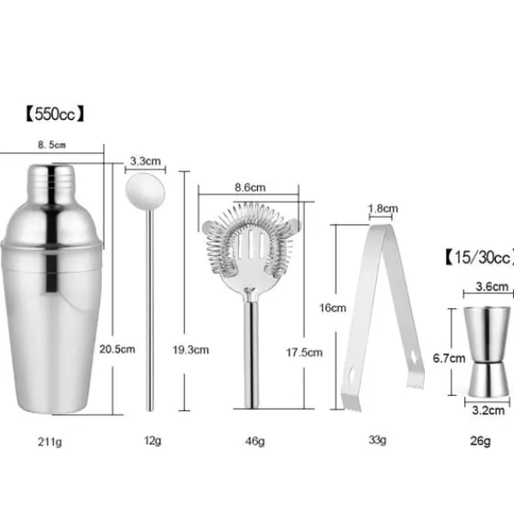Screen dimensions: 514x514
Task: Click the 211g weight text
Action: (x=51, y=441)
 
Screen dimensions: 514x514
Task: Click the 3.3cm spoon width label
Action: (x=146, y=160)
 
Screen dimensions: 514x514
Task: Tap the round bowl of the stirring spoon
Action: (x=144, y=187)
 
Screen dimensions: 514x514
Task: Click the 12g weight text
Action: (x=152, y=441)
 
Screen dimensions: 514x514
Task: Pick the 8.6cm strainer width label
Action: (x=249, y=187)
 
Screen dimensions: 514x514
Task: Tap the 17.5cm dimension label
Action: (x=304, y=351)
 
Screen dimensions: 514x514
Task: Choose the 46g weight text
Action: (x=256, y=441)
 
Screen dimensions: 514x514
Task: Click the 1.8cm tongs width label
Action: (x=382, y=208)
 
